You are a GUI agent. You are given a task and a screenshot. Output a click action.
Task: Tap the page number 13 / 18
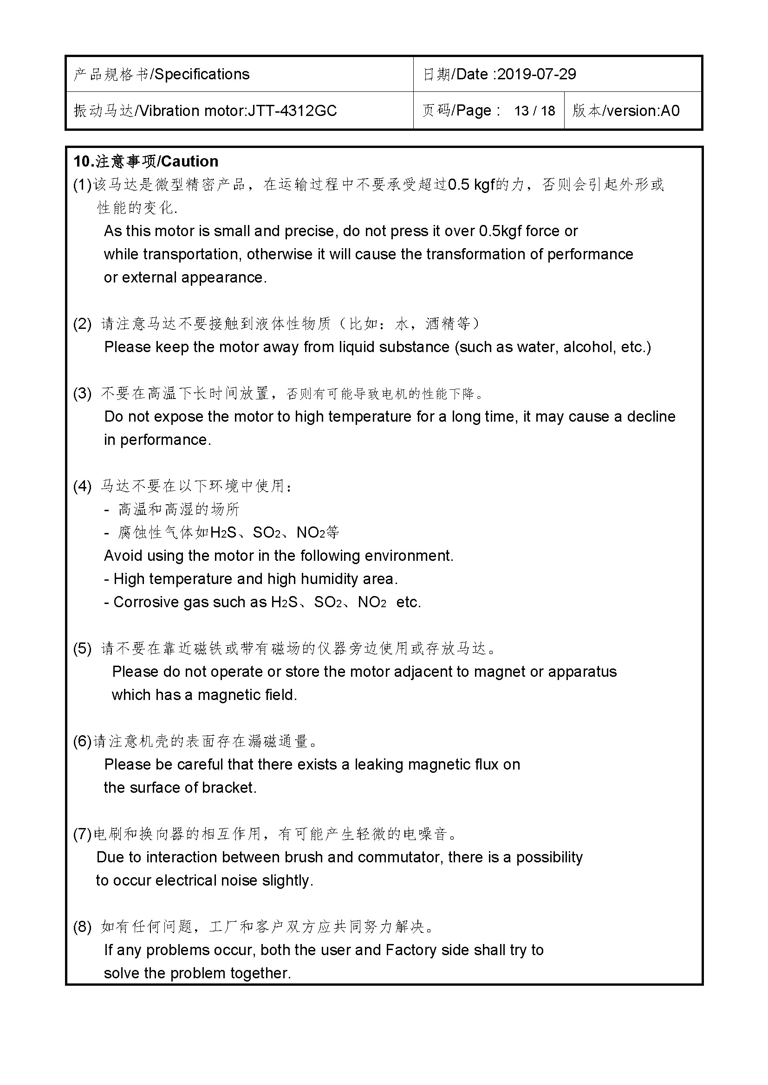534,110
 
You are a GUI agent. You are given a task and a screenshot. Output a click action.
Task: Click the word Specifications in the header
202,74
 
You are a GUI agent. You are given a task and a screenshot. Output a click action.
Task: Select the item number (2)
82,324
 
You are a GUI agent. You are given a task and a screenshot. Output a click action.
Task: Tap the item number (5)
82,648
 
